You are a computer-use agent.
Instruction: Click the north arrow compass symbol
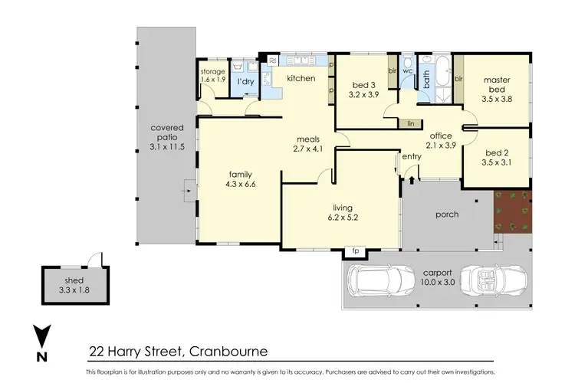pos(41,343)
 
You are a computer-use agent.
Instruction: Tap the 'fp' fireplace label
pos(354,250)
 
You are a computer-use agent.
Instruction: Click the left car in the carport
pos(381,283)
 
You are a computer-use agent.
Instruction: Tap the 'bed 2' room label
pos(498,157)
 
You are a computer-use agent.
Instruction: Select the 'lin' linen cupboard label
pos(411,123)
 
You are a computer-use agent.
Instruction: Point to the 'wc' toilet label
pos(408,70)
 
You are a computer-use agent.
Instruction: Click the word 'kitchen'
pos(302,79)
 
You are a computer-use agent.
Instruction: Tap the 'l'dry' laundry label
pos(245,81)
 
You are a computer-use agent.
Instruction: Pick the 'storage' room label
pos(213,71)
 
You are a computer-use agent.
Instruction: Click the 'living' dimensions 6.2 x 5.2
pos(342,218)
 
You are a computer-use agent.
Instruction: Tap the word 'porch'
pos(446,214)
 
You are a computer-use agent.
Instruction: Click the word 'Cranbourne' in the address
pos(226,352)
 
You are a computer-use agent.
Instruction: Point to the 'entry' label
pos(412,157)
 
